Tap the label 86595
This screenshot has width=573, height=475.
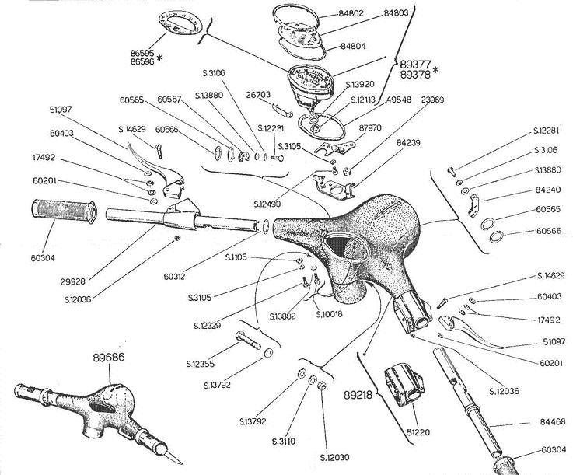click(x=144, y=53)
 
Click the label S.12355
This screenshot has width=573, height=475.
click(x=201, y=363)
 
